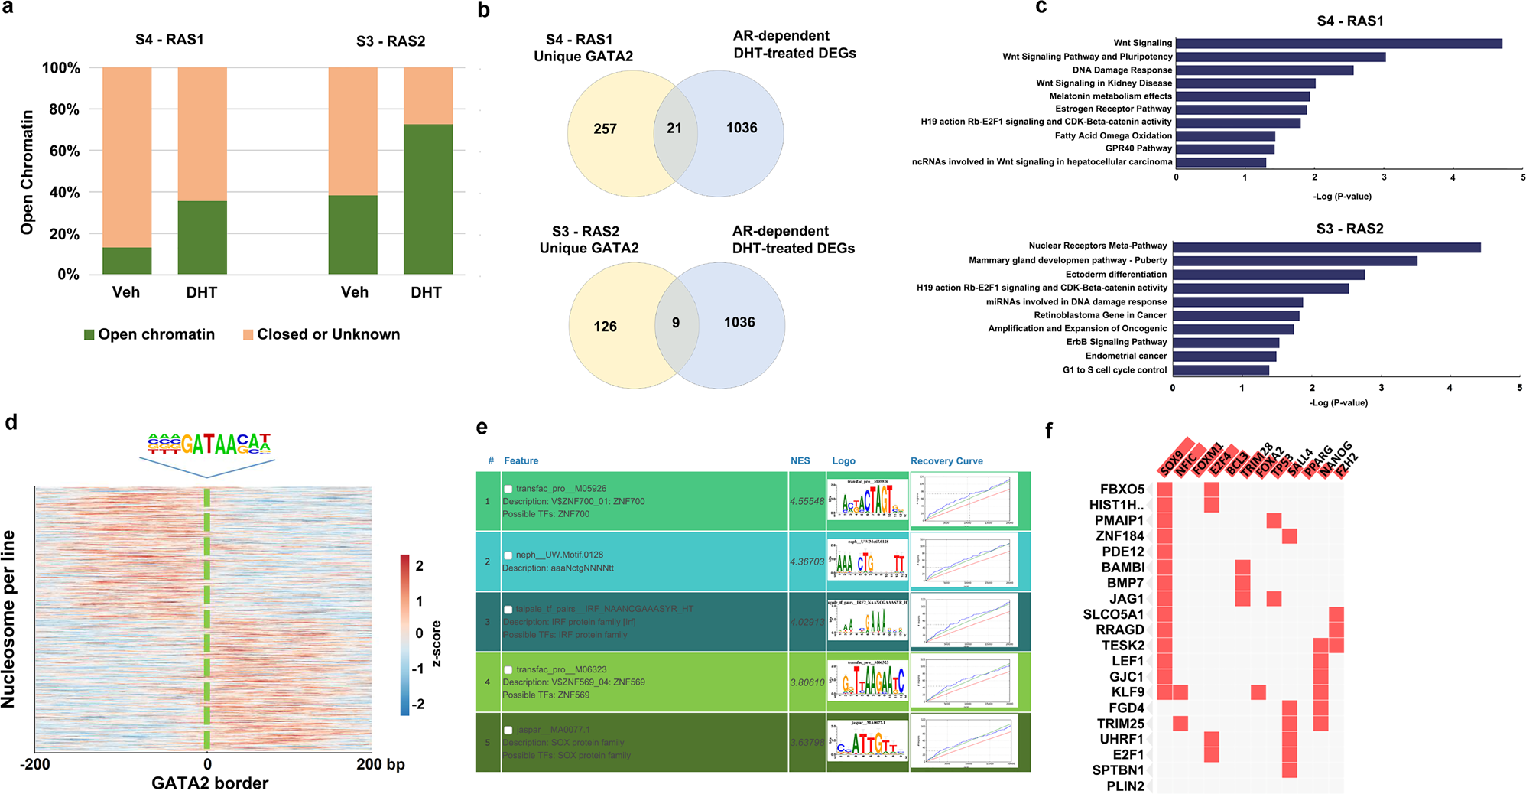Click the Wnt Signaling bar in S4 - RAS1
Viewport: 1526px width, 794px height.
pyautogui.click(x=1338, y=44)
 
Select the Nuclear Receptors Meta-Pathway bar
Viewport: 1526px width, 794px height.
pyautogui.click(x=1326, y=247)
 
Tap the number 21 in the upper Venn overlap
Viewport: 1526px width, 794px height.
pyautogui.click(x=674, y=129)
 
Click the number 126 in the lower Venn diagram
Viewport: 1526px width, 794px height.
pyautogui.click(x=605, y=327)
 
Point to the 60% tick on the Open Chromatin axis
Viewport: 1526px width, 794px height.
pyautogui.click(x=64, y=151)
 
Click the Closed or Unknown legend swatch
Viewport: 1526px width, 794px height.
pyautogui.click(x=248, y=335)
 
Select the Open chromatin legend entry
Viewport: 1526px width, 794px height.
pyautogui.click(x=149, y=334)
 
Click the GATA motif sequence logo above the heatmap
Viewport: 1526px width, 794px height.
pyautogui.click(x=209, y=444)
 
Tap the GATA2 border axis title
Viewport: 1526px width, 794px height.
pyautogui.click(x=209, y=783)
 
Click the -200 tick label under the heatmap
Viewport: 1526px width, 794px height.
pyautogui.click(x=35, y=764)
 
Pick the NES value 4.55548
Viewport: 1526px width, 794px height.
pyautogui.click(x=807, y=502)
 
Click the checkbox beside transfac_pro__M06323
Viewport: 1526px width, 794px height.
pyautogui.click(x=508, y=670)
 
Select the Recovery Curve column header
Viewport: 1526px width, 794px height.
pyautogui.click(x=946, y=461)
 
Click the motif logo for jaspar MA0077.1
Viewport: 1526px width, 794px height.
pyautogui.click(x=868, y=742)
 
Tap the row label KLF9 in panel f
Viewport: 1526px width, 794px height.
pyautogui.click(x=1128, y=692)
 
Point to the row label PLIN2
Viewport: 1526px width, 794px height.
pyautogui.click(x=1125, y=786)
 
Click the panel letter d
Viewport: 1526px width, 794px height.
pyautogui.click(x=11, y=422)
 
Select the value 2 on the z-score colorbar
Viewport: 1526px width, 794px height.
pyautogui.click(x=419, y=566)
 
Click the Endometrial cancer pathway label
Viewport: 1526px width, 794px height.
pyautogui.click(x=1125, y=356)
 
